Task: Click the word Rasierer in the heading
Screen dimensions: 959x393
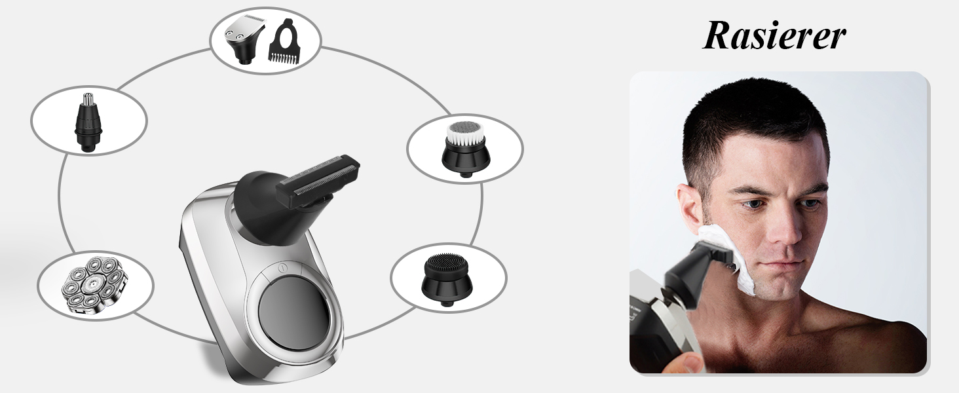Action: tap(774, 35)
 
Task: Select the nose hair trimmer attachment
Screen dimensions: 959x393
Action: tap(88, 122)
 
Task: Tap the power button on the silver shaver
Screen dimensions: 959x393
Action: tap(282, 269)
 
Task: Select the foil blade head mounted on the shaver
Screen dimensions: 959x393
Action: tap(318, 180)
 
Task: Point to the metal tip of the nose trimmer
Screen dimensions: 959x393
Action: tap(88, 100)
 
